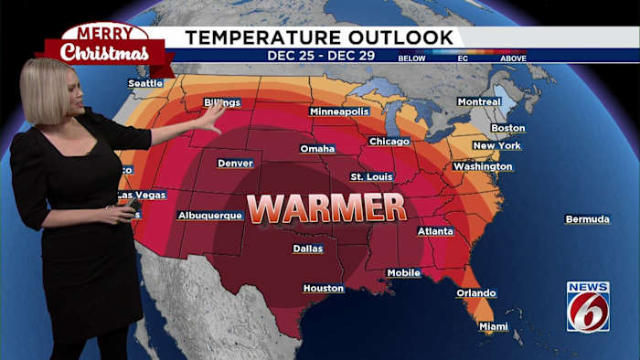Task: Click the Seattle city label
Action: point(145,83)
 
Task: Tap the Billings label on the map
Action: point(222,102)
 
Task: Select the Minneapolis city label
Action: point(339,111)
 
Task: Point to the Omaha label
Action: point(317,149)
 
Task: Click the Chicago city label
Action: point(389,142)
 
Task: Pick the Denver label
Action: point(235,164)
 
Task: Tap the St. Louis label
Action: point(371,176)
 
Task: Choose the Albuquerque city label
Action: point(210,216)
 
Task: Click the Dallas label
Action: point(308,249)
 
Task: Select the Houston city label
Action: point(324,289)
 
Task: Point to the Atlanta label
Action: point(435,232)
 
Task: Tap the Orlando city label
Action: point(476,293)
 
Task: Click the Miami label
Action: point(494,326)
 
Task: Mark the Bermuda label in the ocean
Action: point(587,219)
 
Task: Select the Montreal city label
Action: point(479,101)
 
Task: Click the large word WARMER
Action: point(326,208)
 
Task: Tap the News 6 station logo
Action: point(588,307)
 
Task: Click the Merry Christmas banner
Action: point(104,46)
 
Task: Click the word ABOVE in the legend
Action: point(514,58)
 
